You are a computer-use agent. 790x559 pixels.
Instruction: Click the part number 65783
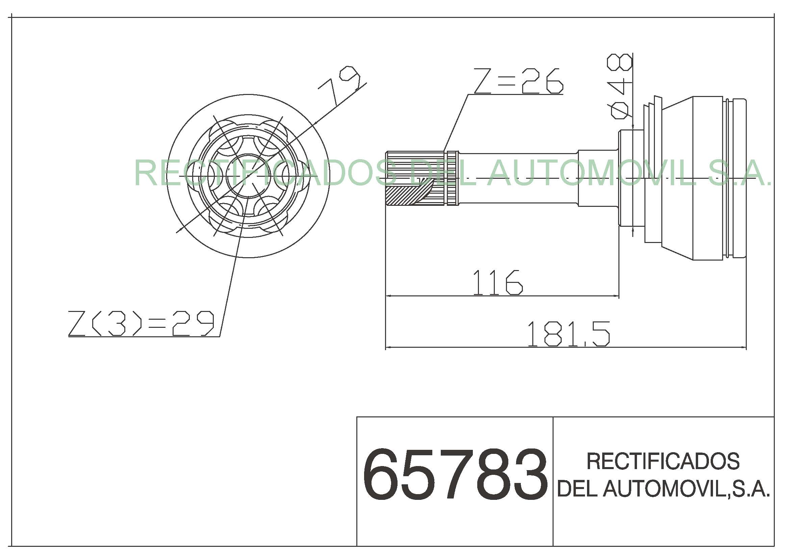point(455,474)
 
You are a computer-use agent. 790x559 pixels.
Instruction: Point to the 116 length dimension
point(498,282)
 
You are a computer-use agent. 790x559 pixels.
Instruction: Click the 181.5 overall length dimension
point(568,334)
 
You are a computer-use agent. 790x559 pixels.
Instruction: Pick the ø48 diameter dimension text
point(620,87)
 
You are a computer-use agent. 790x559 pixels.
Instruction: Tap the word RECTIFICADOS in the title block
point(663,461)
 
